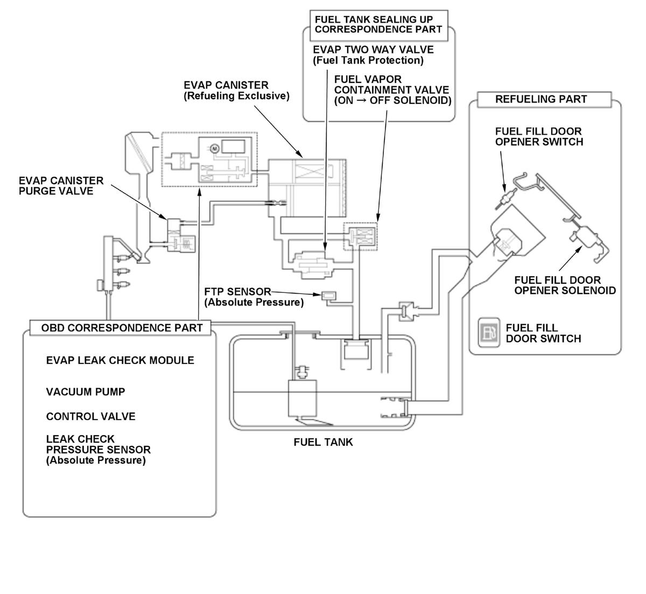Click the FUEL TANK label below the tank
323,442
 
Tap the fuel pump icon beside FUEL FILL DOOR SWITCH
489,332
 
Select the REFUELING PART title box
540,99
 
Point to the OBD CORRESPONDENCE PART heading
122,327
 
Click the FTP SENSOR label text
237,292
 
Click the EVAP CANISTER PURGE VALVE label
61,186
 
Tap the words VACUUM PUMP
85,392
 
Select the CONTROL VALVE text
90,416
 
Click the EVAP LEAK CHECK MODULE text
120,360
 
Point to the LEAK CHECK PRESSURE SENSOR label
98,449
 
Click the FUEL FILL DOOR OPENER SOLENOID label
565,285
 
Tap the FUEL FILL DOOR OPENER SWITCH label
539,136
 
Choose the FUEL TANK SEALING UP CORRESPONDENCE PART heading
378,24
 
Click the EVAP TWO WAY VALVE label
373,54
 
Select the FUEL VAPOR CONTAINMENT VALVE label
392,89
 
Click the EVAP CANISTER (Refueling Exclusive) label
236,90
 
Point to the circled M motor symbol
213,147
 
